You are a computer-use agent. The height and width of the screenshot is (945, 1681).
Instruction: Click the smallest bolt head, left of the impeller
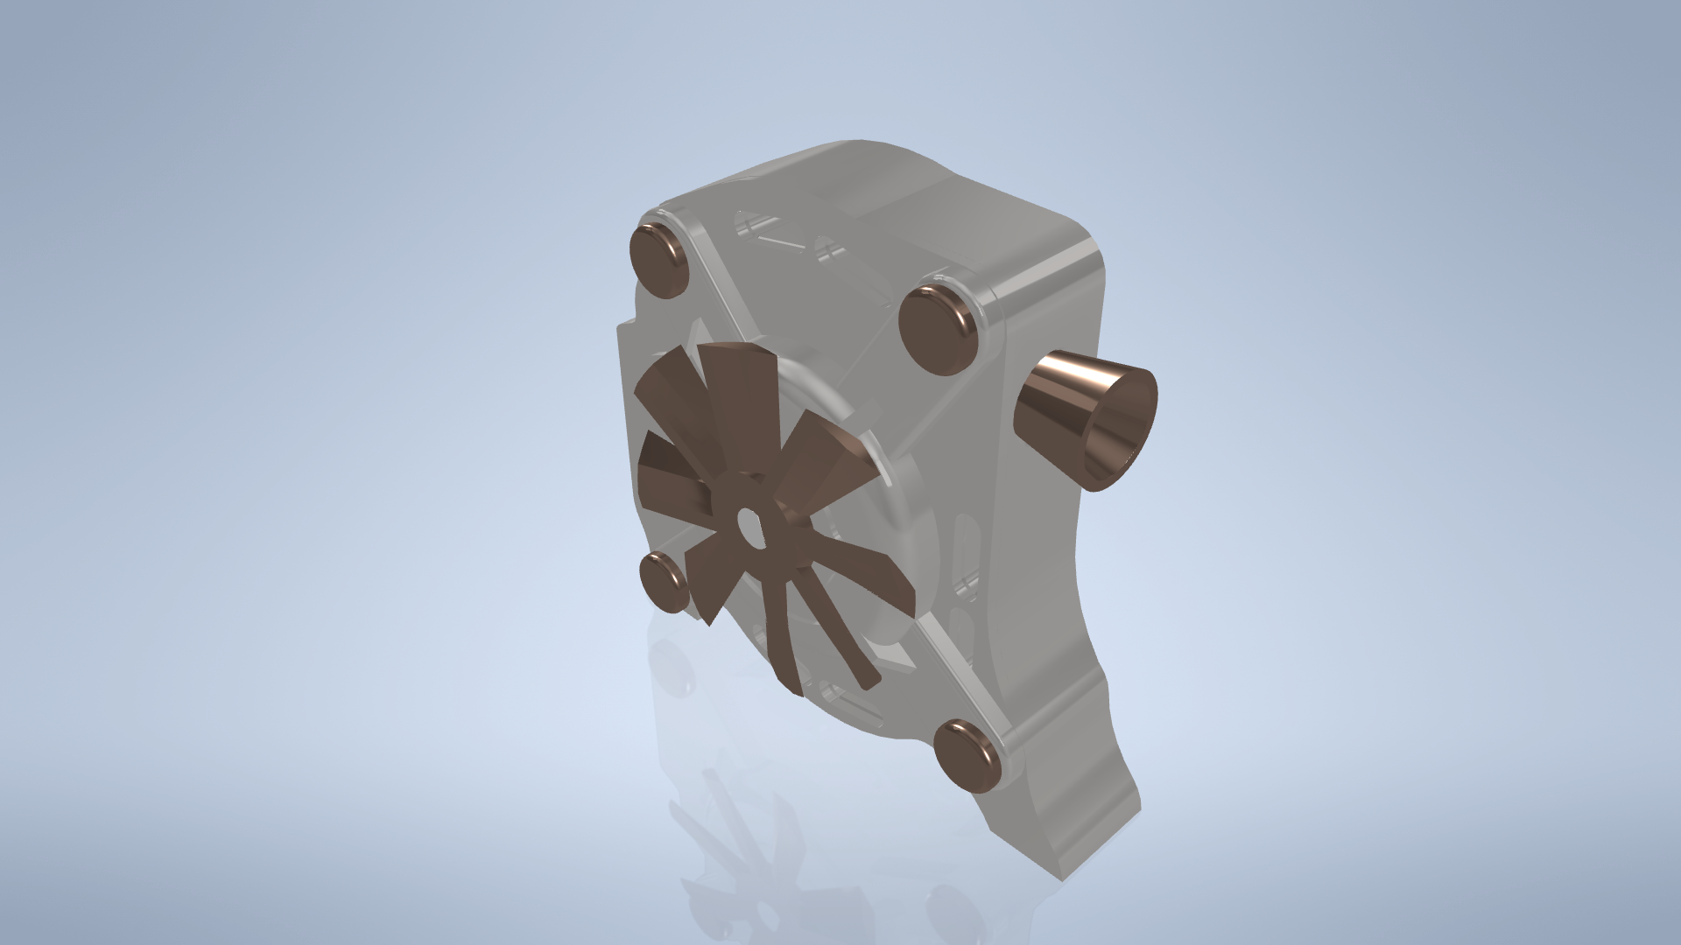(665, 581)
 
